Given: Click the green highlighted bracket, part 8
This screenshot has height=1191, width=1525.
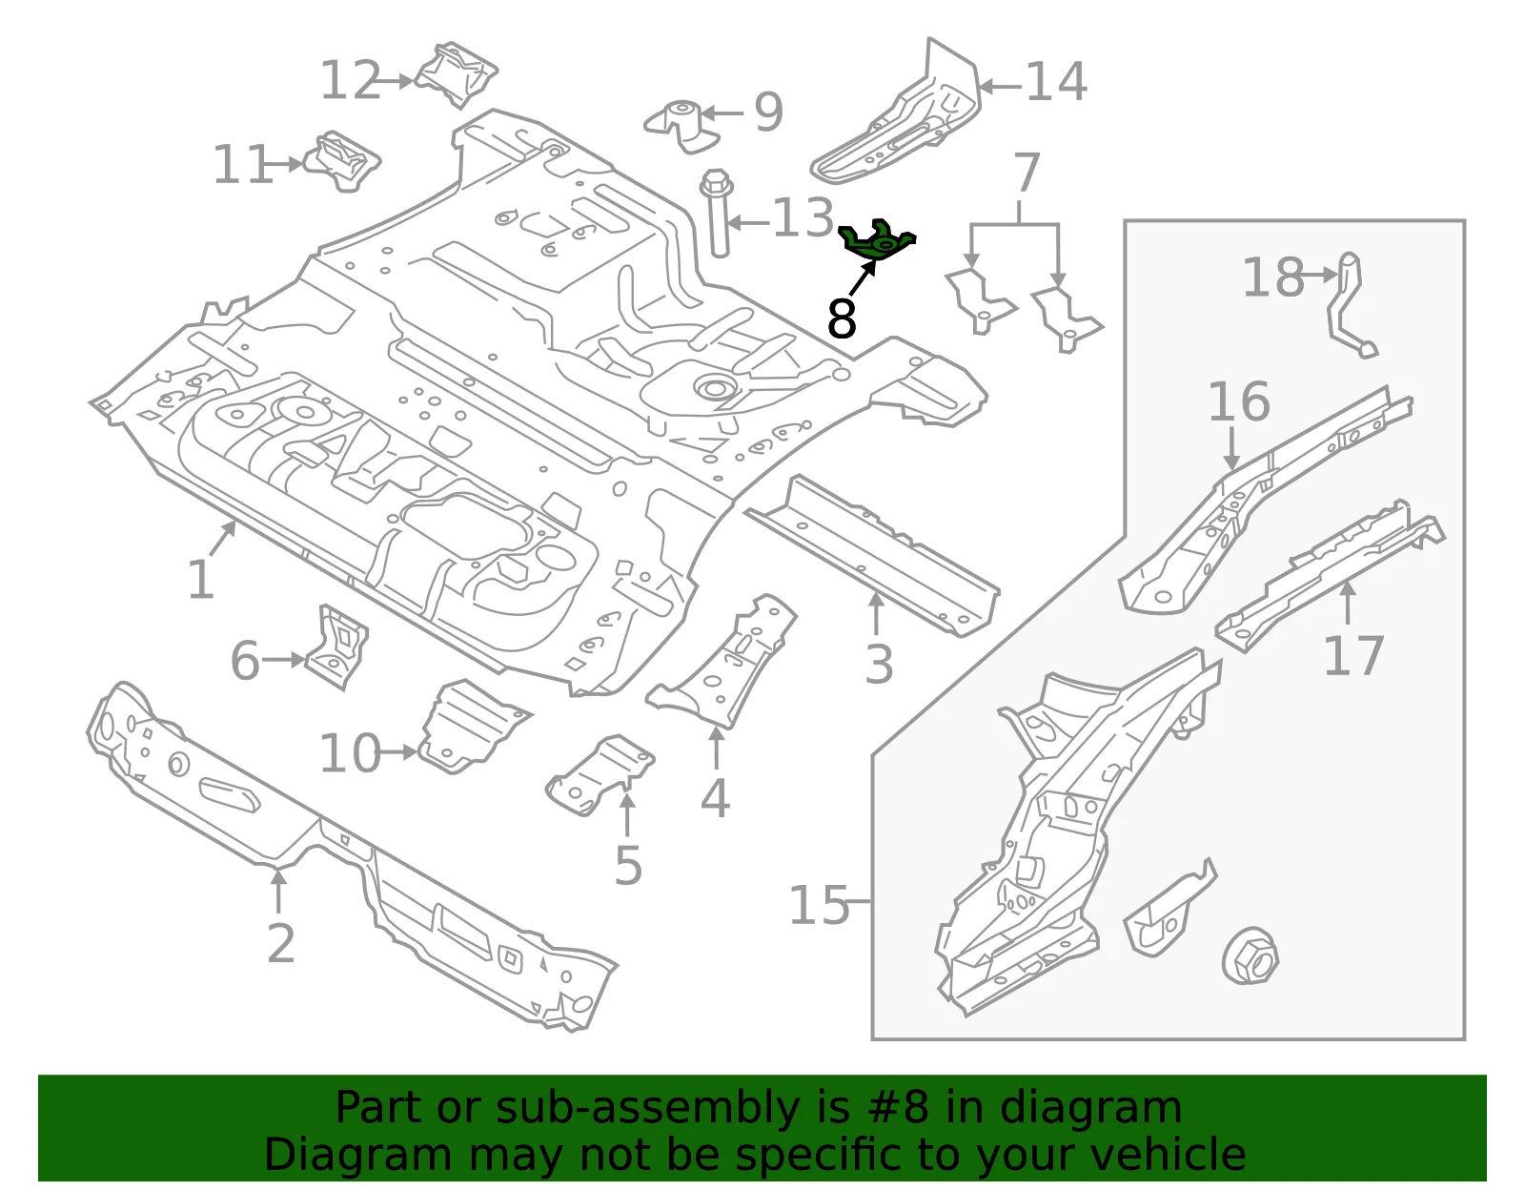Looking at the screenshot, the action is coord(877,241).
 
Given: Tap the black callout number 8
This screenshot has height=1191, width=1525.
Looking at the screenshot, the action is coord(842,318).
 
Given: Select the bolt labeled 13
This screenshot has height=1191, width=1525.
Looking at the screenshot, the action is coord(717,212).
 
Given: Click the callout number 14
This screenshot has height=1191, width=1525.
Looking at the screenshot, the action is coord(1056,82).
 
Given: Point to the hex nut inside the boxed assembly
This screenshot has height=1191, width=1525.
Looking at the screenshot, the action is coord(1250,958).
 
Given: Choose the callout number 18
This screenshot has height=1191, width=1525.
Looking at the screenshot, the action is coord(1272,277).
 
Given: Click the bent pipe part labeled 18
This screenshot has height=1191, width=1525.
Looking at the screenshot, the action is coord(1348,303).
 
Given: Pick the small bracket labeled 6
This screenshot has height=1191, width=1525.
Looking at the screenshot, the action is coord(337,646).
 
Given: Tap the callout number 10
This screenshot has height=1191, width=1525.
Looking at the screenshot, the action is coord(350,753).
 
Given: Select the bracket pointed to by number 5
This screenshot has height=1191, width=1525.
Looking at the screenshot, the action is coord(600,774).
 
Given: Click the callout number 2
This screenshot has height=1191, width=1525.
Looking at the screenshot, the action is coord(281,943).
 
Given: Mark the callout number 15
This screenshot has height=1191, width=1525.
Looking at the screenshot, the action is coord(819,905).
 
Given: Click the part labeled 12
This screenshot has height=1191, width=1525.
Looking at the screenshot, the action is coord(457,75).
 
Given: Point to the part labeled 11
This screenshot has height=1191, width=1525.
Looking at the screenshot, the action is coord(342,161).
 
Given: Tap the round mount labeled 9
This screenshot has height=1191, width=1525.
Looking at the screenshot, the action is coord(681,126).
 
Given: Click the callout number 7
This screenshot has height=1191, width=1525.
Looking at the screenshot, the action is coord(1027,172).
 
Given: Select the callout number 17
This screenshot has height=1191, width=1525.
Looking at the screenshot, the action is coord(1353,655).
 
